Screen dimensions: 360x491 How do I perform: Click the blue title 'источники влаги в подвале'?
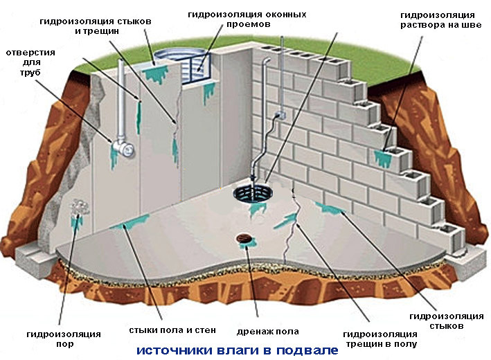(238, 350)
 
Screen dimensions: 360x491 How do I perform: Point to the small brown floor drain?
(243, 239)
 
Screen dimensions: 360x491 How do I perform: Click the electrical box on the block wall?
(279, 118)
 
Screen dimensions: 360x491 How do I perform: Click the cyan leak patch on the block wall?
(382, 156)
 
